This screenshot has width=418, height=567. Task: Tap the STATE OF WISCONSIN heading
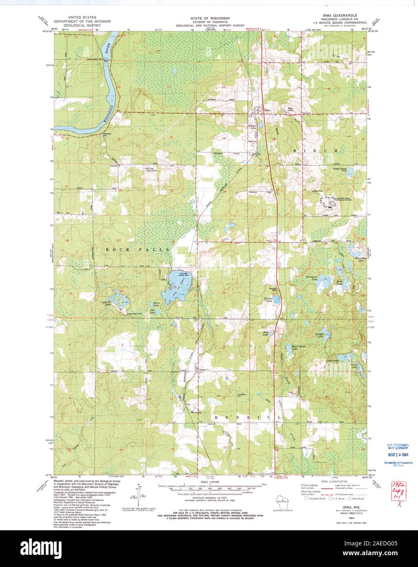click(209, 18)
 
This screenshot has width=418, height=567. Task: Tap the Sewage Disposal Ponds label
click(341, 168)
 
